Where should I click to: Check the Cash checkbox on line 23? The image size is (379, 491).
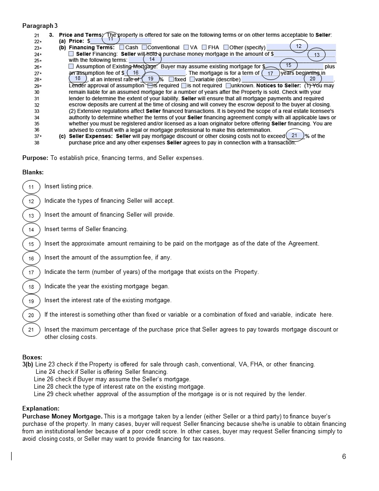pyautogui.click(x=122, y=47)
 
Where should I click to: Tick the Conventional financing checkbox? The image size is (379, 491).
pyautogui.click(x=144, y=47)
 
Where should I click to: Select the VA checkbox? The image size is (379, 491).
pyautogui.click(x=186, y=47)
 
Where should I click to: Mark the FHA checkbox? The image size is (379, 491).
pyautogui.click(x=204, y=47)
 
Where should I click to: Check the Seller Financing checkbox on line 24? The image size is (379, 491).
pyautogui.click(x=71, y=54)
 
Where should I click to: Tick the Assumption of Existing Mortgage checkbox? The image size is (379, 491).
pyautogui.click(x=71, y=66)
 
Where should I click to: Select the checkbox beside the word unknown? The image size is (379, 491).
pyautogui.click(x=228, y=86)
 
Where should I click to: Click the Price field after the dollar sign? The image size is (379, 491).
pyautogui.click(x=121, y=41)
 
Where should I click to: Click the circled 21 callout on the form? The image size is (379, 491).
pyautogui.click(x=294, y=135)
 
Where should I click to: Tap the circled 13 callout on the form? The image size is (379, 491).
pyautogui.click(x=317, y=55)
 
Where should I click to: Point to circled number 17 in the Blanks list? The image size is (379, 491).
pyautogui.click(x=31, y=272)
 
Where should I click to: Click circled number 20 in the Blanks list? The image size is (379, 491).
pyautogui.click(x=31, y=315)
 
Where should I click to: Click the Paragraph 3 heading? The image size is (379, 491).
pyautogui.click(x=40, y=26)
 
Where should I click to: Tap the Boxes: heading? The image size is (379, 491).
pyautogui.click(x=32, y=358)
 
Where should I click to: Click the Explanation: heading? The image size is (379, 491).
pyautogui.click(x=41, y=408)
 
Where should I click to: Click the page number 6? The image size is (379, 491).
pyautogui.click(x=344, y=457)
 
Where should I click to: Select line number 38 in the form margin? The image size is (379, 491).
pyautogui.click(x=37, y=142)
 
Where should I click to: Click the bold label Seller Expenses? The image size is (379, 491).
pyautogui.click(x=91, y=136)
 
